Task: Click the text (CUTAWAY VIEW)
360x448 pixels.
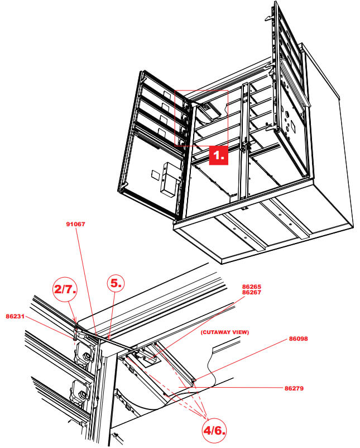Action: pyautogui.click(x=224, y=332)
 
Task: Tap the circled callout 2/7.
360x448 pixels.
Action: pyautogui.click(x=65, y=289)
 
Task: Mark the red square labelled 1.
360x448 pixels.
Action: pyautogui.click(x=219, y=154)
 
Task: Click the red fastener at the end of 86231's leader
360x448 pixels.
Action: pyautogui.click(x=74, y=337)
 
